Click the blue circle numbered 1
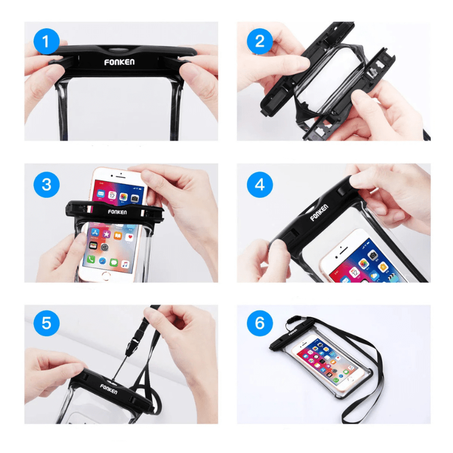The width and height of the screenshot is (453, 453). (x=46, y=41)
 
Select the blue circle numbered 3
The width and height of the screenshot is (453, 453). (x=46, y=184)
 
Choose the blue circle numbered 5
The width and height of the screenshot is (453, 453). (x=46, y=323)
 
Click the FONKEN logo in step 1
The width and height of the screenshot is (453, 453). (x=119, y=62)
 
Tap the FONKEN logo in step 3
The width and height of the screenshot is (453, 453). (x=117, y=211)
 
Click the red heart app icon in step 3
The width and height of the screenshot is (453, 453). (x=131, y=236)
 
